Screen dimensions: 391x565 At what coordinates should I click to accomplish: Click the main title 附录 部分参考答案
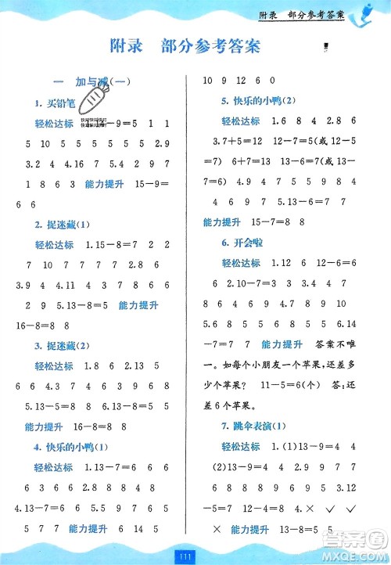(x=185, y=47)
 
